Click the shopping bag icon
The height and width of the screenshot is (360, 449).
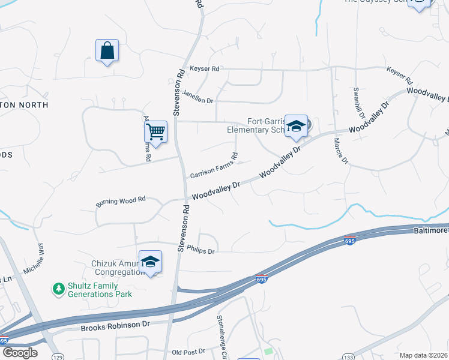click(x=107, y=51)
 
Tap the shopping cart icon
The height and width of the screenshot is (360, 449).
click(x=156, y=130)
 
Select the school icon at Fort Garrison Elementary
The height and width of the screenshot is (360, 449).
click(x=296, y=126)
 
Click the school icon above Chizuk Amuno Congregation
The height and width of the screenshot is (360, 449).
click(x=150, y=262)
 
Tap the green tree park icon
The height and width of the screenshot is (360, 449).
click(x=59, y=289)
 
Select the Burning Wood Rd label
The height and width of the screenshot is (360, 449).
click(x=121, y=203)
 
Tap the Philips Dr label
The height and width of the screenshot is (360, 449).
click(x=200, y=249)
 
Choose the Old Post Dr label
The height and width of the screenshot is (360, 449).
click(x=188, y=351)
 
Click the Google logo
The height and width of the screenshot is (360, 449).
click(x=19, y=353)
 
